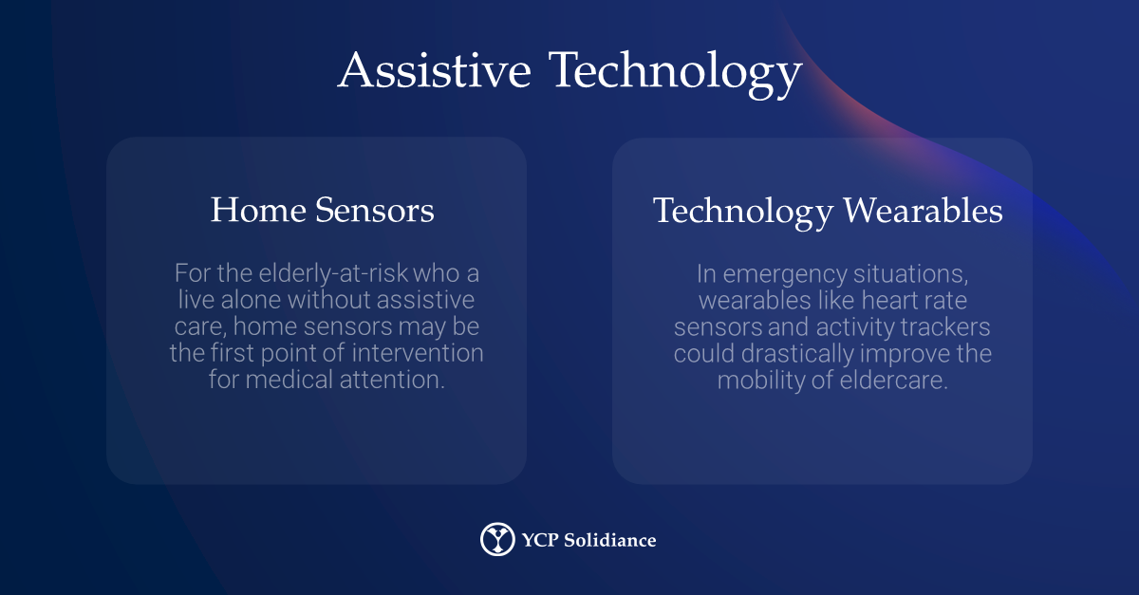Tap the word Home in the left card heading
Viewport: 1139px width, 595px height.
tap(258, 210)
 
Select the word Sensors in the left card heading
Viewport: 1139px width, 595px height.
tap(375, 210)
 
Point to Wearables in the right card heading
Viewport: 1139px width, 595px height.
tap(923, 210)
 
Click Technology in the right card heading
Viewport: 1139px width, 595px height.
tap(743, 213)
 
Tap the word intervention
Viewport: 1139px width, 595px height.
tap(418, 353)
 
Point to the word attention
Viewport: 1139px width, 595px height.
tap(392, 380)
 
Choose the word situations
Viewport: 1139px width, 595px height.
tap(911, 274)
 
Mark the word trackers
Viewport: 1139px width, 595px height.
tap(945, 326)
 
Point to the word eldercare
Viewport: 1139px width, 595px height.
tap(894, 381)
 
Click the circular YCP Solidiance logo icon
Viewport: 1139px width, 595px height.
tap(497, 539)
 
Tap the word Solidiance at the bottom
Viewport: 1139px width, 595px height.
tap(610, 540)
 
